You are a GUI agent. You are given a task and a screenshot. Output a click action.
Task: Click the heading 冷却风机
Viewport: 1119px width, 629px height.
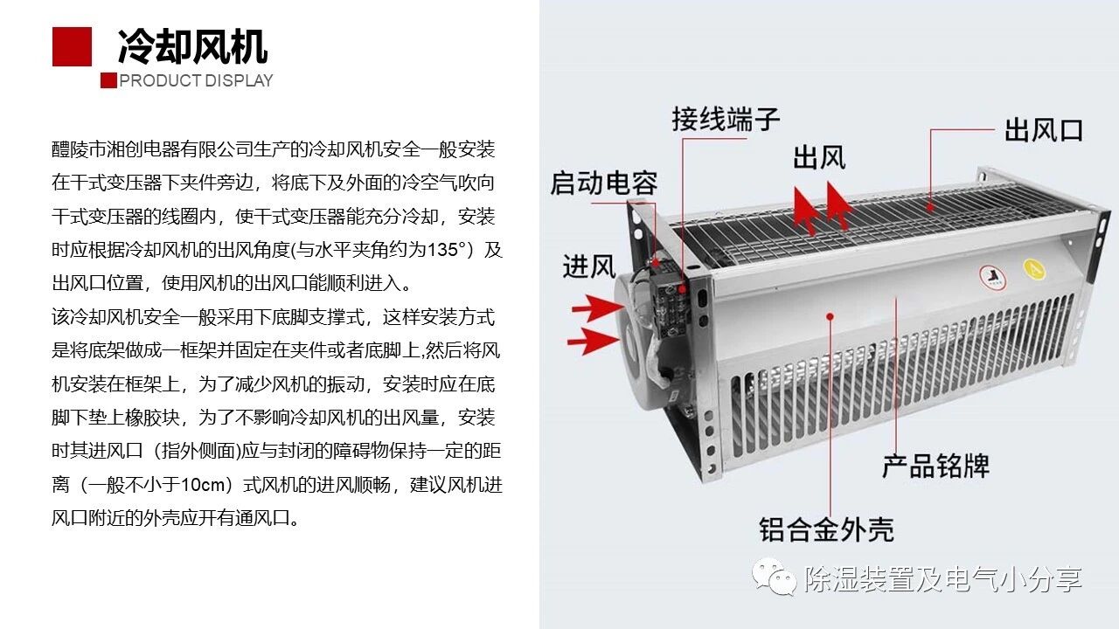[193, 46]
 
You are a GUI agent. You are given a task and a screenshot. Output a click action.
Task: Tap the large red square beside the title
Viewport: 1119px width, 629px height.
[72, 46]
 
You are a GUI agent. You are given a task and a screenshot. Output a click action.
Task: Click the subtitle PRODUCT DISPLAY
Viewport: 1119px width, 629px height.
[196, 80]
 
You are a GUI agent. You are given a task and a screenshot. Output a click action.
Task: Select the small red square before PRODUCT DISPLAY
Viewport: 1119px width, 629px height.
[108, 80]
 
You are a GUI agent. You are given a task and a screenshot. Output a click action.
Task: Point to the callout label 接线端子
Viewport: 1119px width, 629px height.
[726, 119]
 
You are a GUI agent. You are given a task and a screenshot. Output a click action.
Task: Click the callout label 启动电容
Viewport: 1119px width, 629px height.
[604, 183]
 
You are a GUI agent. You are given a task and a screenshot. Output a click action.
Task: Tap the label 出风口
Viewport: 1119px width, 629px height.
[1044, 130]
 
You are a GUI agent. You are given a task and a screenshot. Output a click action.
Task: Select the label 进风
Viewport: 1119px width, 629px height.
[589, 266]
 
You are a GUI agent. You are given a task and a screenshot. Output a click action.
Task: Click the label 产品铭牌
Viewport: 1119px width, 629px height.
[935, 466]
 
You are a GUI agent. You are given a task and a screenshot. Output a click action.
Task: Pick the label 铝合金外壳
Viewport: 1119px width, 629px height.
[827, 529]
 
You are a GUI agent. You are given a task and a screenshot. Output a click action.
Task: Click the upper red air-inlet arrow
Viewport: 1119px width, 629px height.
[597, 308]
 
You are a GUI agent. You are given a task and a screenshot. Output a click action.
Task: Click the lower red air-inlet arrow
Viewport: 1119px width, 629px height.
[593, 341]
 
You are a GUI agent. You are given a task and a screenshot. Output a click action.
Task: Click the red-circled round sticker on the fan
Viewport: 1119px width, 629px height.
[992, 278]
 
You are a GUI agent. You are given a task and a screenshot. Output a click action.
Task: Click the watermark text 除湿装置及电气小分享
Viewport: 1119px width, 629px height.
[943, 579]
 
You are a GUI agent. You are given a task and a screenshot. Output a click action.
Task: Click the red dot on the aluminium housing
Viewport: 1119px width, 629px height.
[830, 316]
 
